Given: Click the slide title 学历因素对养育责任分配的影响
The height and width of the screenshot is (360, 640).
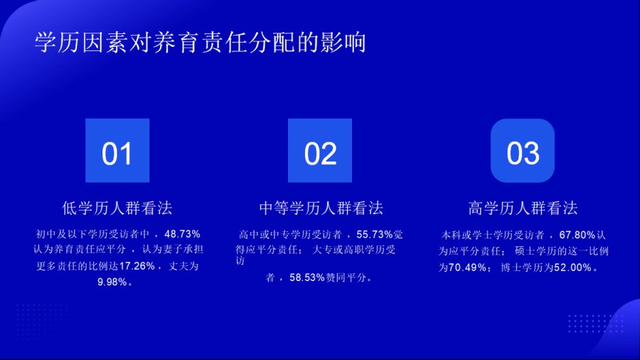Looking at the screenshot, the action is pos(200,43).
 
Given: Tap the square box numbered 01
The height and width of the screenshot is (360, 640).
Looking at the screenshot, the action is pos(117,150).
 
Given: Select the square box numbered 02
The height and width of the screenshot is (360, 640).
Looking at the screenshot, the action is pos(320,150).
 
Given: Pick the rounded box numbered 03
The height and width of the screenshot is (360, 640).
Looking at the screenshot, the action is pos(523,150).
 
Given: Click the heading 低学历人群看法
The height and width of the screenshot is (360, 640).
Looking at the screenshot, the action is pos(117,208).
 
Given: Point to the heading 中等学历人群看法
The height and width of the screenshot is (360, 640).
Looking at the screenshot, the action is pos(321,208).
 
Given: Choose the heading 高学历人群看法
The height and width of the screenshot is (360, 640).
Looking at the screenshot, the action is pos(523,208).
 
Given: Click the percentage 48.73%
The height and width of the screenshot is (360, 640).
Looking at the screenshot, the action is pos(182,234).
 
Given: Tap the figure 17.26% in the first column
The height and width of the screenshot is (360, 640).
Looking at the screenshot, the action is pos(137,266).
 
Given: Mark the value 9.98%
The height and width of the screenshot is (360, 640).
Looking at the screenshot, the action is pos(112,282).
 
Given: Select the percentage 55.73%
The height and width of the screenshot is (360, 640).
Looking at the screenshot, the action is pos(374,234).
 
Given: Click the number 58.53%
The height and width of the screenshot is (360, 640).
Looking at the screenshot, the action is pos(307,277).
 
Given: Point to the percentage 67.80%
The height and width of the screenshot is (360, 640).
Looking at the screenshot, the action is pos(577,235).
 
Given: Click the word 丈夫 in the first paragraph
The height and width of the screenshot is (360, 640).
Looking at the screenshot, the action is pos(178,266).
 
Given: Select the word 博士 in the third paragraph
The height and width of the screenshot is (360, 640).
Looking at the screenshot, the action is pos(511,268).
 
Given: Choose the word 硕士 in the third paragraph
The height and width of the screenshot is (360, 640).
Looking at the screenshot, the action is pos(525,251).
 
